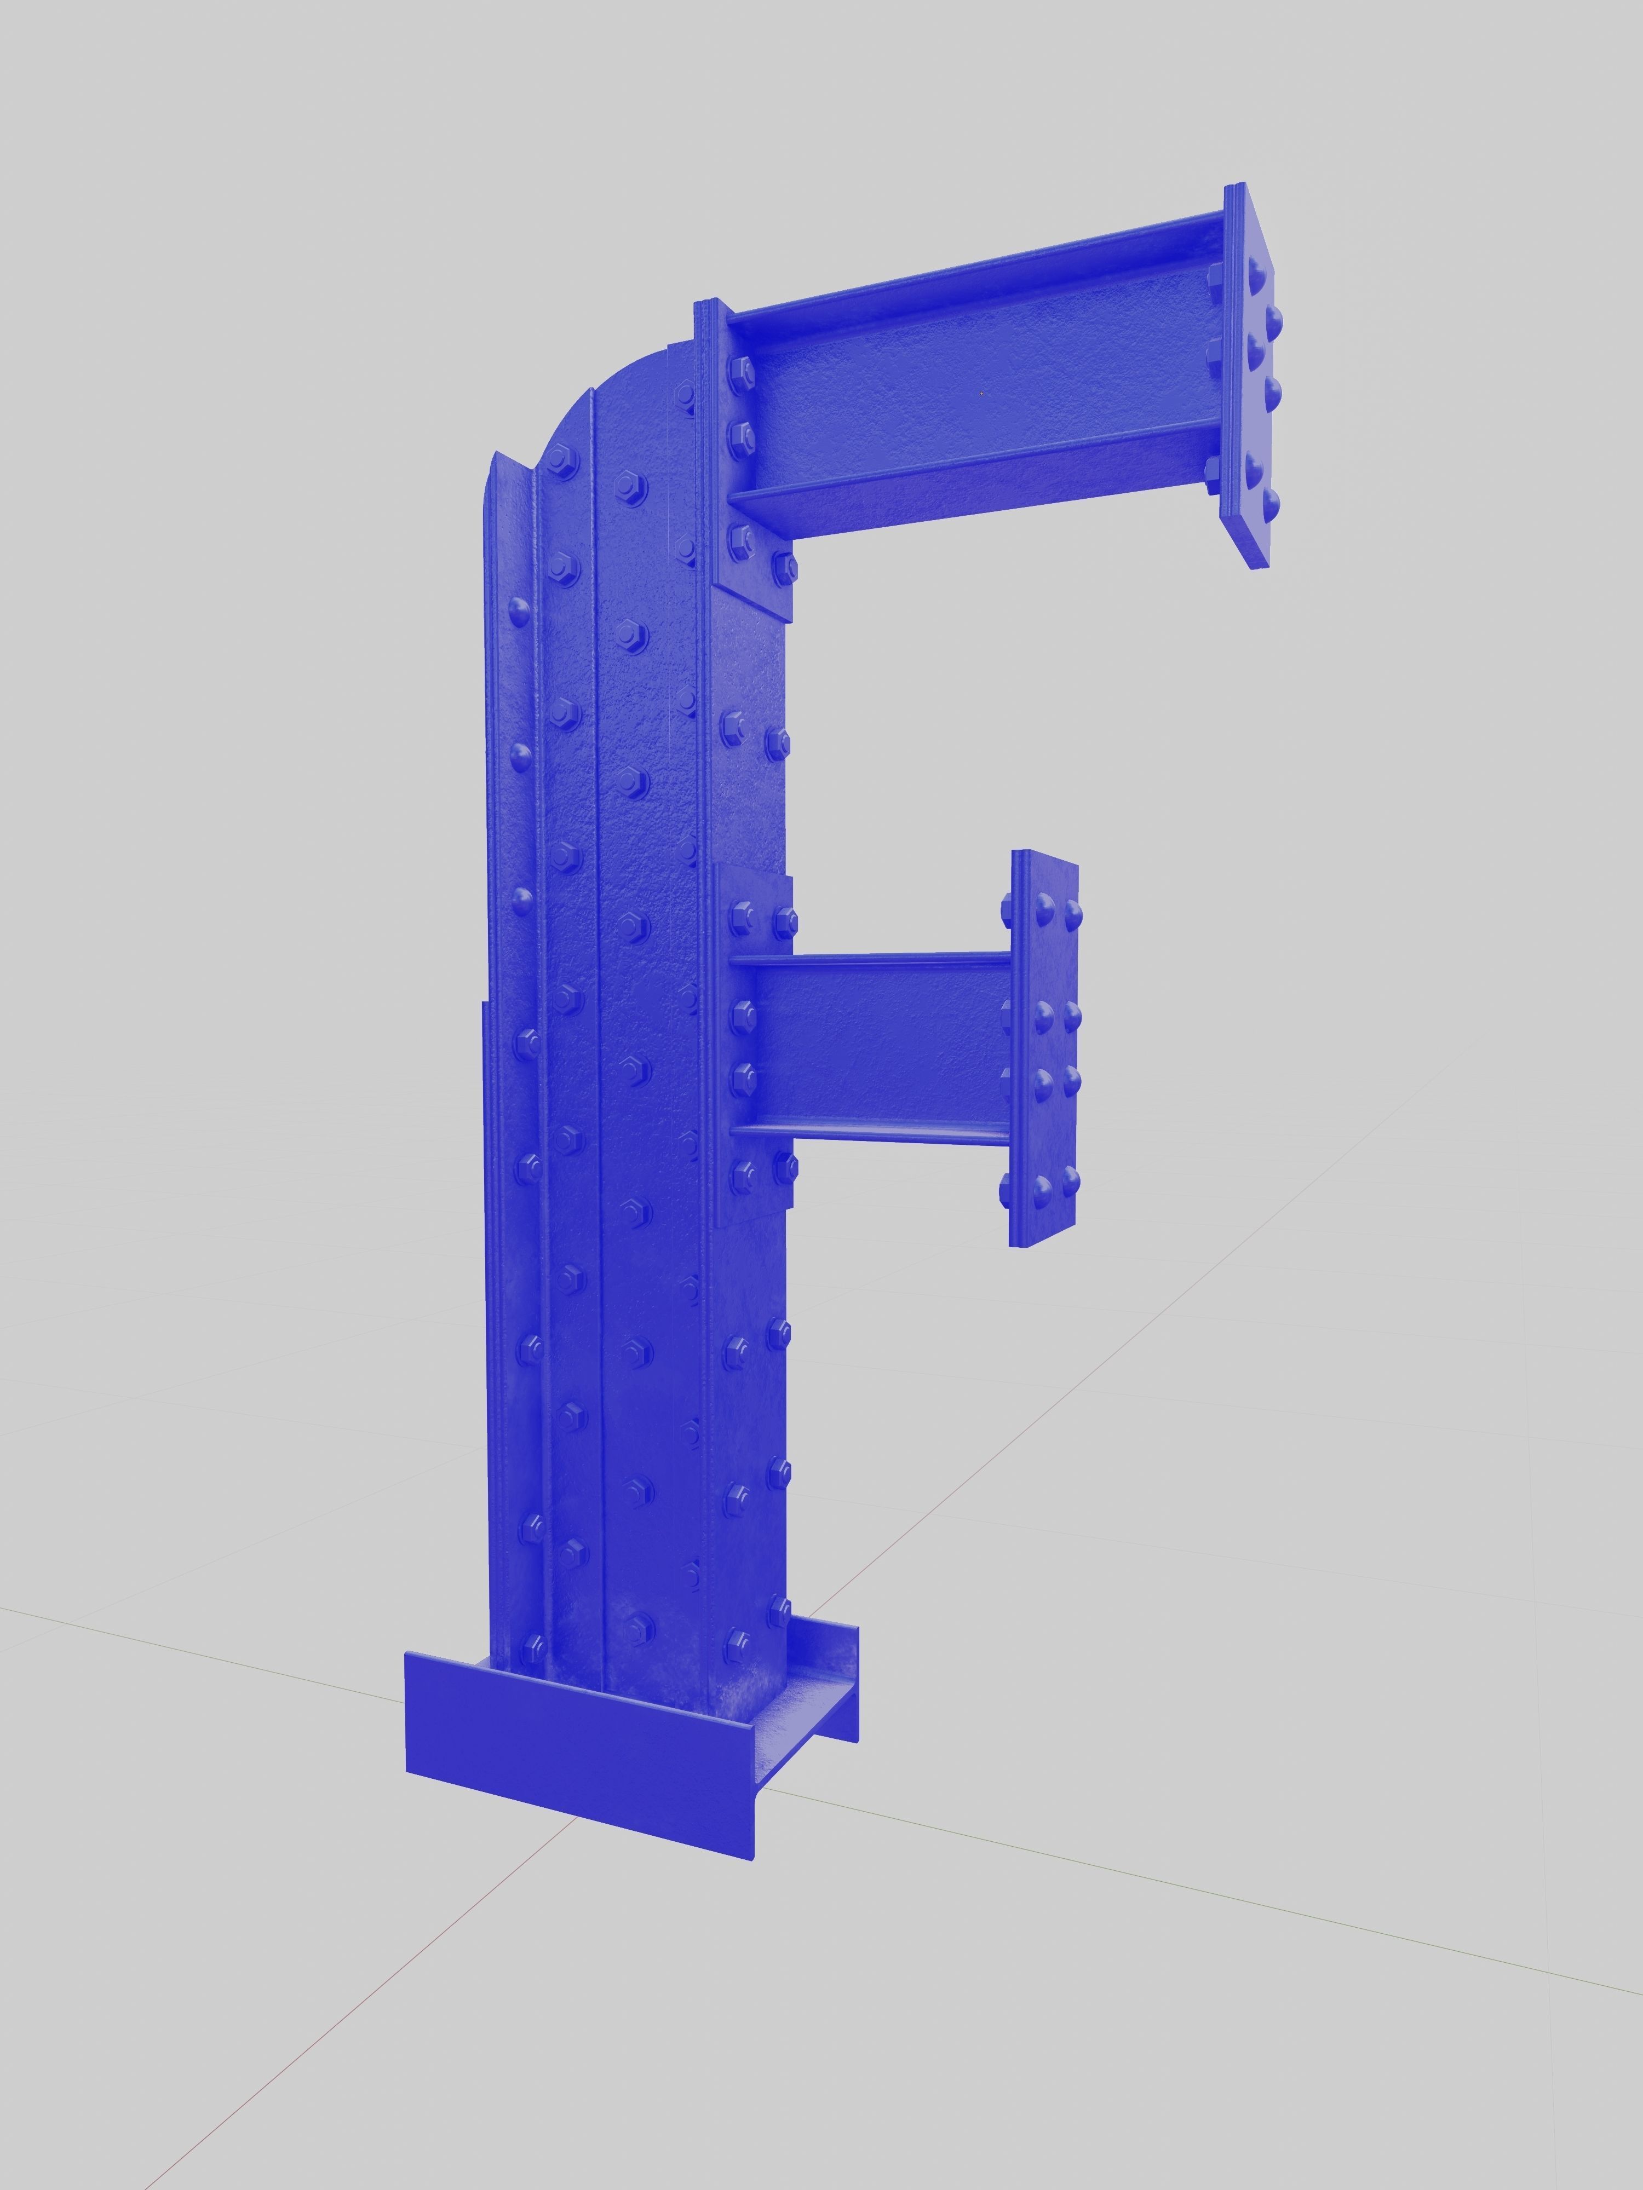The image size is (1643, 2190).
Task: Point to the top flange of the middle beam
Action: (871, 958)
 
